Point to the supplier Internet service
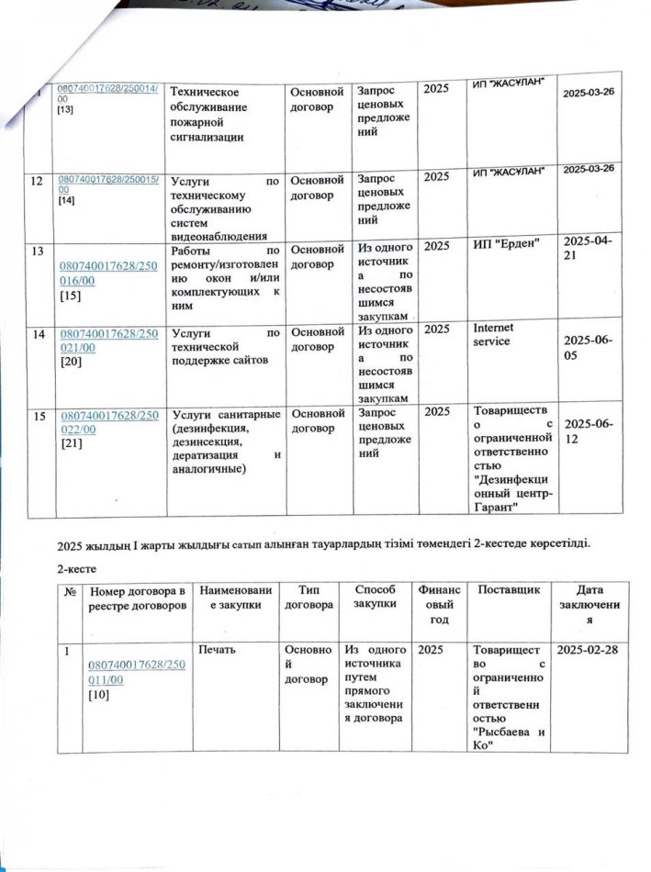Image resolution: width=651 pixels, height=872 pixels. coord(493,334)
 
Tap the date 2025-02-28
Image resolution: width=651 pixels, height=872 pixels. coord(589,650)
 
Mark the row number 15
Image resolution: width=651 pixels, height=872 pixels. coord(38,417)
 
